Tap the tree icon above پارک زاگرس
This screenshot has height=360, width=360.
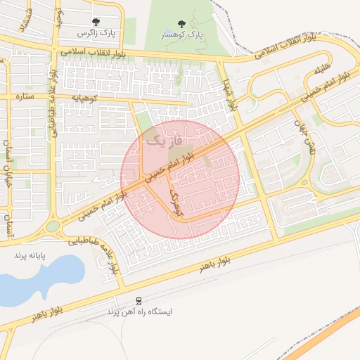(x=96, y=22)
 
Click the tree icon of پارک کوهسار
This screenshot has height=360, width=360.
(x=182, y=24)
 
